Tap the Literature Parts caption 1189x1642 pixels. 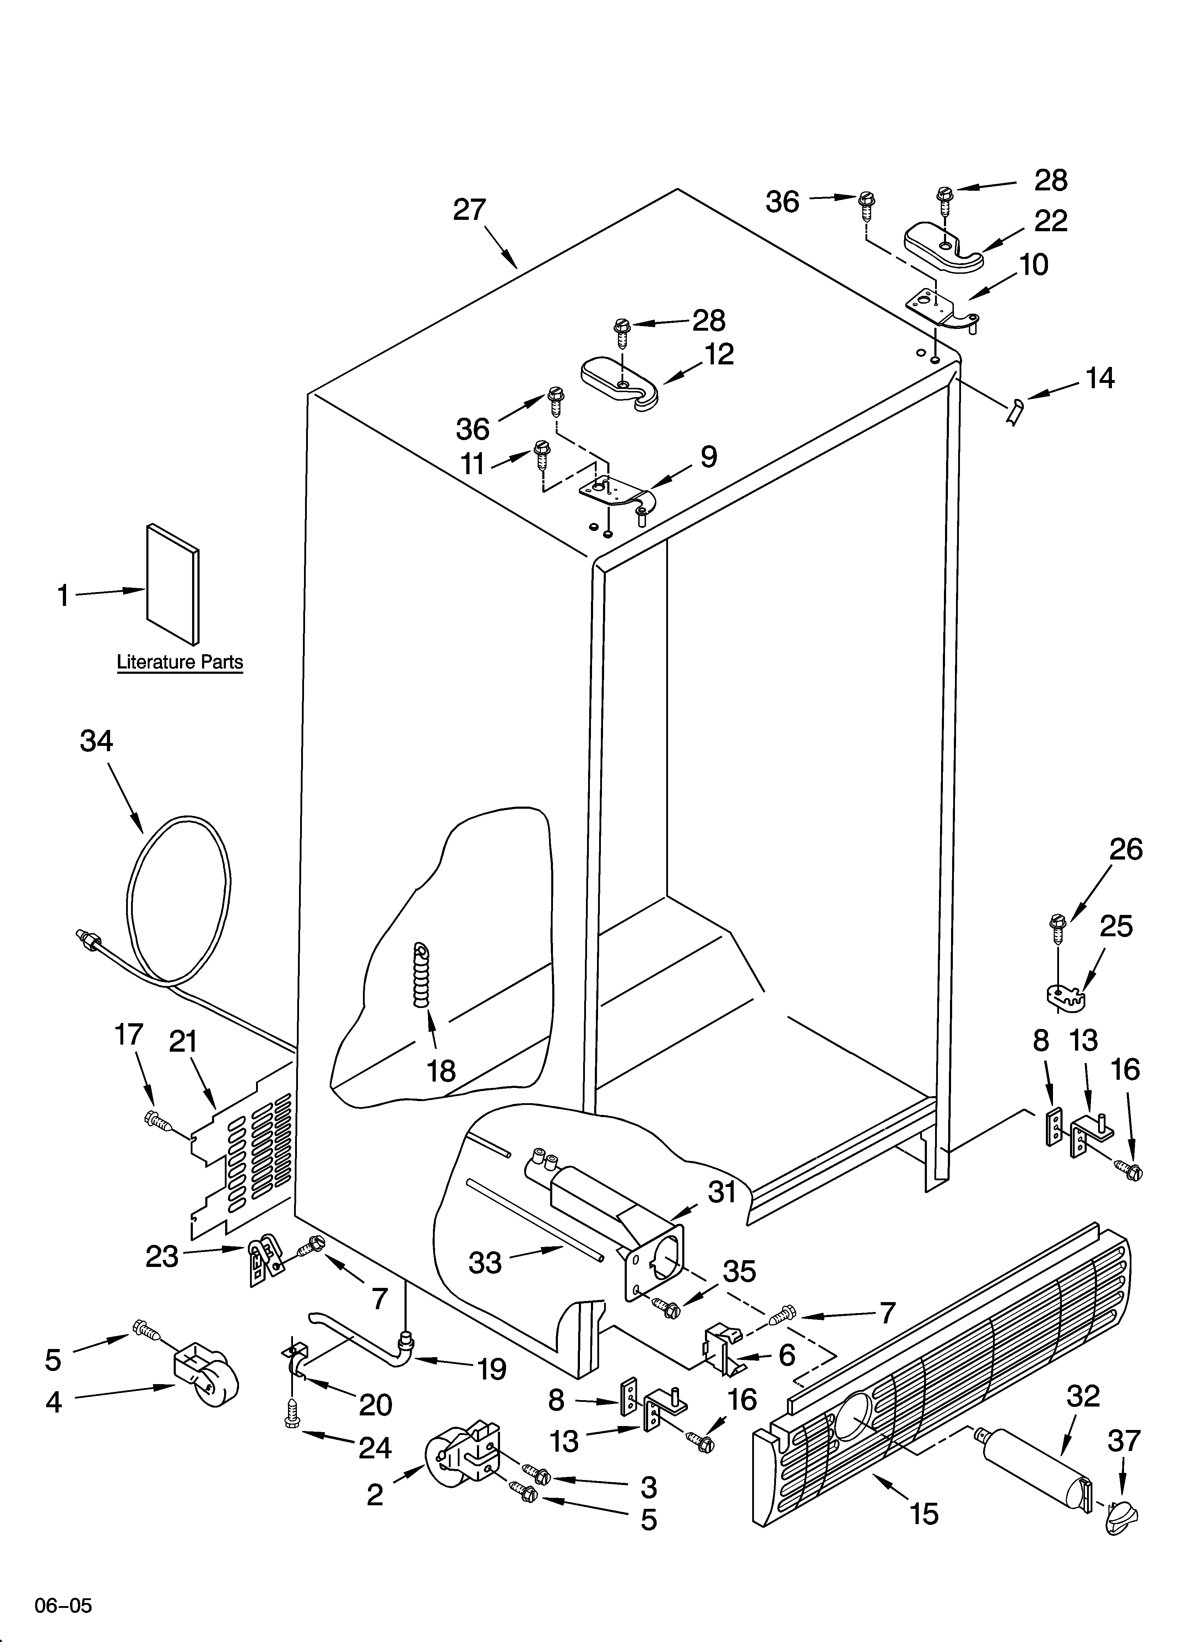(180, 662)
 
